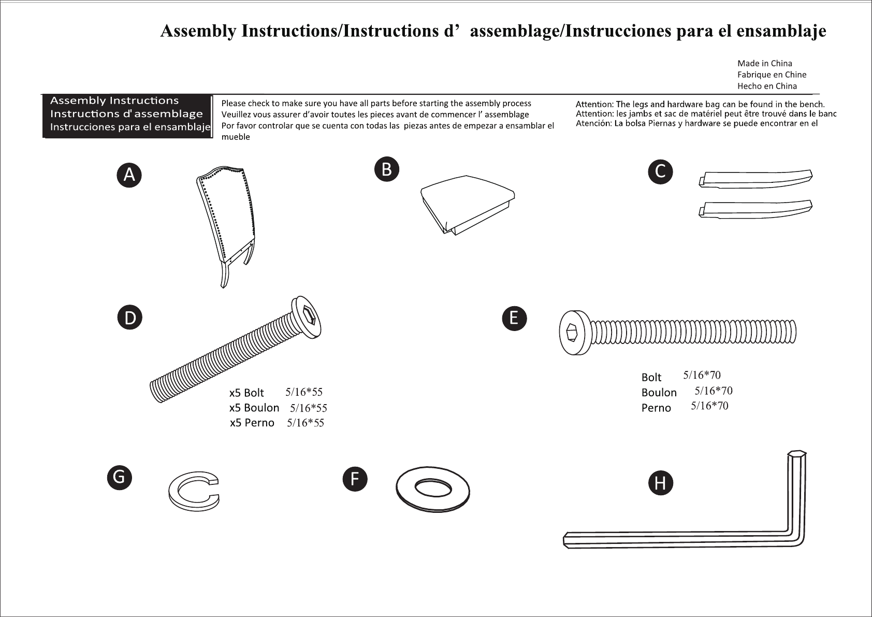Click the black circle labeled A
click(x=129, y=175)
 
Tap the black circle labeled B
click(x=387, y=169)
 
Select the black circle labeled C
click(x=661, y=172)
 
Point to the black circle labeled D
click(x=129, y=318)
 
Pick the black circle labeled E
click(x=514, y=319)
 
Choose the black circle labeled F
click(x=355, y=479)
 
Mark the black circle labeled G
click(x=120, y=478)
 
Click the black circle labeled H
click(x=661, y=483)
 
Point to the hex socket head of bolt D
click(x=307, y=317)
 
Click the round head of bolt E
click(x=575, y=333)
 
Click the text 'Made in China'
click(x=765, y=63)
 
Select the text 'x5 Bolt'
click(x=246, y=393)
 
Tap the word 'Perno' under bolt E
click(x=657, y=408)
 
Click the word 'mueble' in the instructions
click(x=236, y=137)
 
